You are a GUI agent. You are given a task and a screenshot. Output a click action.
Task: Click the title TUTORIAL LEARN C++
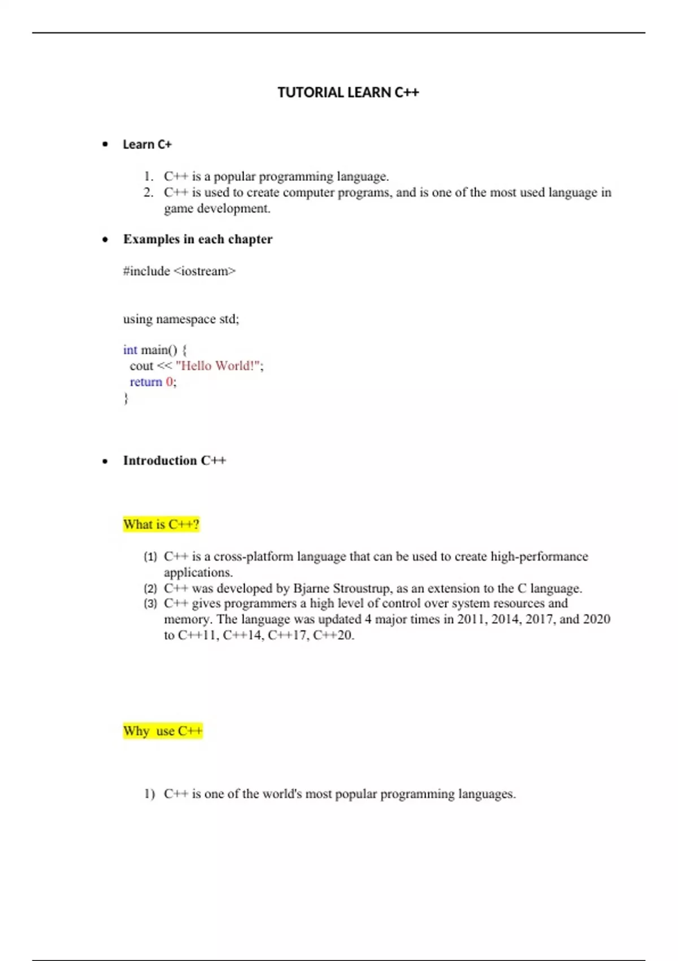point(348,92)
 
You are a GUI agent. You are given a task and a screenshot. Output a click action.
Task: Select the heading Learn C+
point(147,144)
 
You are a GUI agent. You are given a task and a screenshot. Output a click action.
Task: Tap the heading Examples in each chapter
point(198,239)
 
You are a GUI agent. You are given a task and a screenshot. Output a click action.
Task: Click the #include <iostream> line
point(179,271)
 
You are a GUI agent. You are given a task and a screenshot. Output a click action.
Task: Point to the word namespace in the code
point(185,319)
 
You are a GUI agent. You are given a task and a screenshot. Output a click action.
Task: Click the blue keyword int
point(130,350)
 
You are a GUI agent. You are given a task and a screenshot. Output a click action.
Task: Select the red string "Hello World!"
point(218,366)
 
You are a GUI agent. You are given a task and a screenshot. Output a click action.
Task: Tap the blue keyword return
point(146,382)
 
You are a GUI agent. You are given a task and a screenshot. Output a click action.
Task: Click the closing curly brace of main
point(126,398)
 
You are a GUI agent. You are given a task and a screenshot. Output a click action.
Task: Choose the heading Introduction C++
point(175,461)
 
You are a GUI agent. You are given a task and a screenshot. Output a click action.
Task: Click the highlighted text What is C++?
point(161,525)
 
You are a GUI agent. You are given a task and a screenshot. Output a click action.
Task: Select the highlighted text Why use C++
point(163,731)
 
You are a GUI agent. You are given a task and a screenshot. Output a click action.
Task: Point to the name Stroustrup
point(362,588)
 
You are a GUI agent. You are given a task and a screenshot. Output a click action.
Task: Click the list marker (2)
point(150,588)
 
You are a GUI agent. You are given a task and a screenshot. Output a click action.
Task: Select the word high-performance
point(539,556)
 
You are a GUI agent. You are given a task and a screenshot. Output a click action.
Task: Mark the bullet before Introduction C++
point(105,461)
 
